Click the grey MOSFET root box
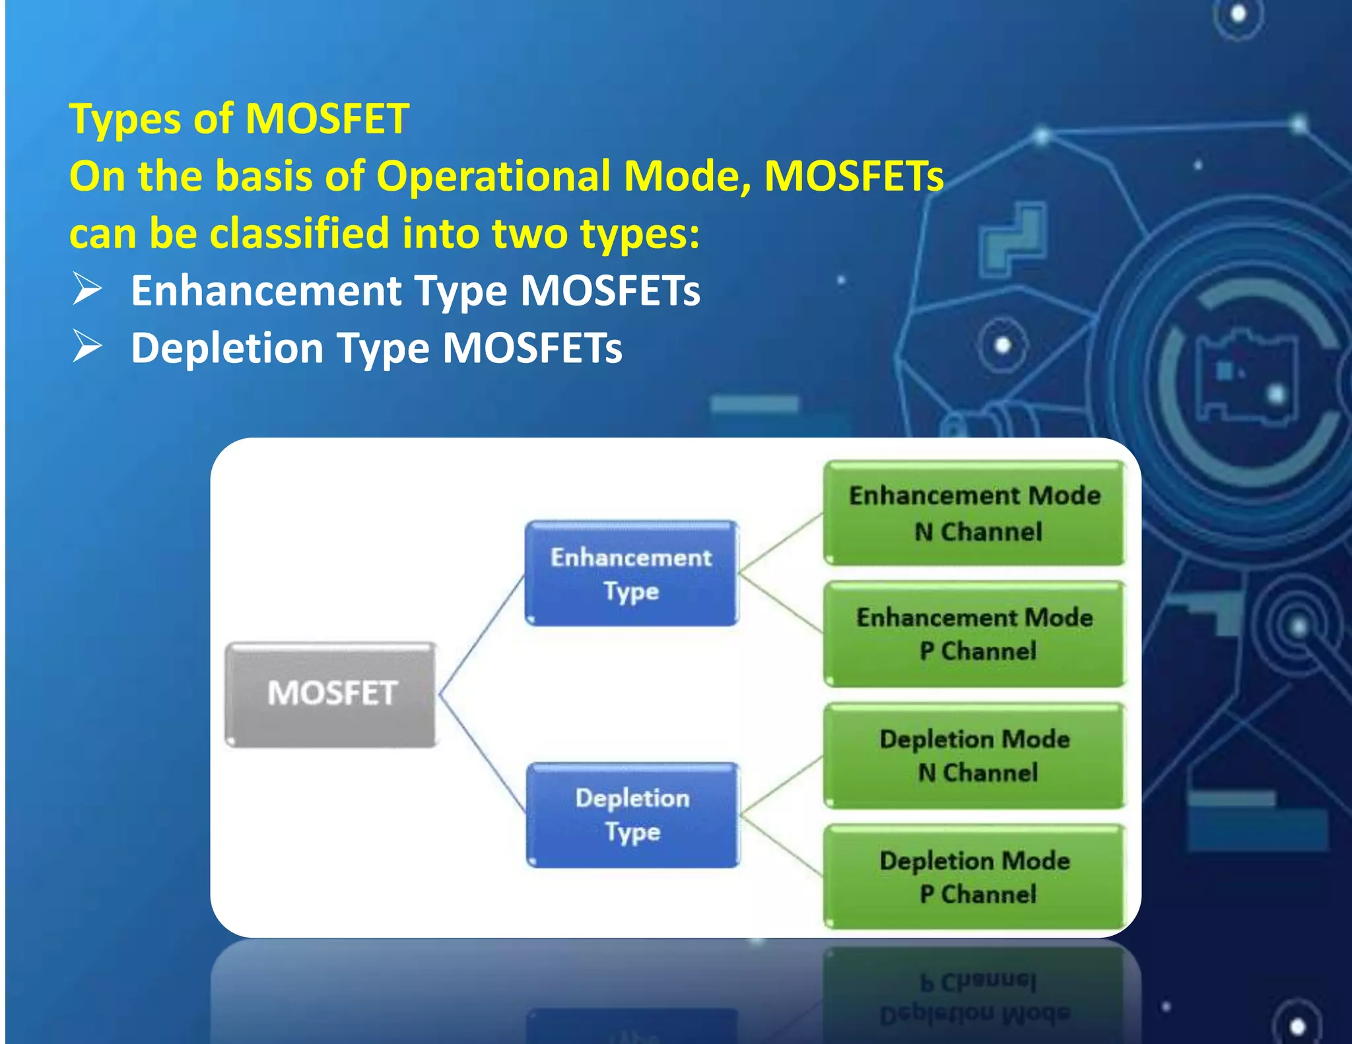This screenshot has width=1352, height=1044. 331,694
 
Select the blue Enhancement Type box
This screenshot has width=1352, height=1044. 631,573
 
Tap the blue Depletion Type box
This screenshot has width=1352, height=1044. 632,815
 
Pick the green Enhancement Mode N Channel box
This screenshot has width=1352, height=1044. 974,513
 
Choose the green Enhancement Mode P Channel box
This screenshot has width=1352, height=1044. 974,634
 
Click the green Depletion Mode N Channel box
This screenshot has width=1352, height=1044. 974,756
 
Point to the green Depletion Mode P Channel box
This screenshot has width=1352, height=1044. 974,877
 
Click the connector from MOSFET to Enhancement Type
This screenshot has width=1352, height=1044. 482,634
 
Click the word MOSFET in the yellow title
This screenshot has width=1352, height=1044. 327,119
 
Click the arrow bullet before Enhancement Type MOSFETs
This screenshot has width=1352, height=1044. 87,289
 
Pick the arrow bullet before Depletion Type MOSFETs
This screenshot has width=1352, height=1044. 87,346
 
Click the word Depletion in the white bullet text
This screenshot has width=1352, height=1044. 227,348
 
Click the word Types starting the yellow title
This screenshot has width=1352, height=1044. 125,120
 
